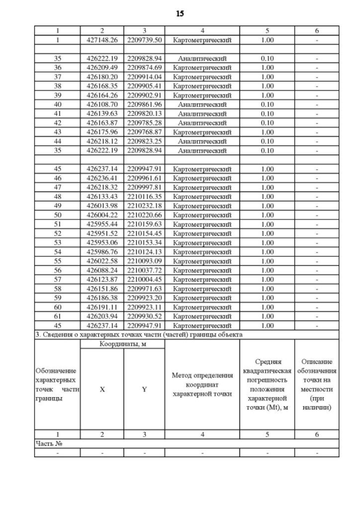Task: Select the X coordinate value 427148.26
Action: [x=102, y=40]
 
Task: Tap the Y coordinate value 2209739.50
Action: [x=145, y=40]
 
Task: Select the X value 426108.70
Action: [x=102, y=104]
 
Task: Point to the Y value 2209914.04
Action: [x=145, y=76]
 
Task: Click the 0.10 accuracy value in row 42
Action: [x=267, y=123]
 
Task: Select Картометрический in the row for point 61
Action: [x=202, y=316]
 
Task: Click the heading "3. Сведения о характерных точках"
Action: [x=138, y=335]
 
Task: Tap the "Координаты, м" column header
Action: [x=123, y=344]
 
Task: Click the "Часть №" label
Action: [x=47, y=443]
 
